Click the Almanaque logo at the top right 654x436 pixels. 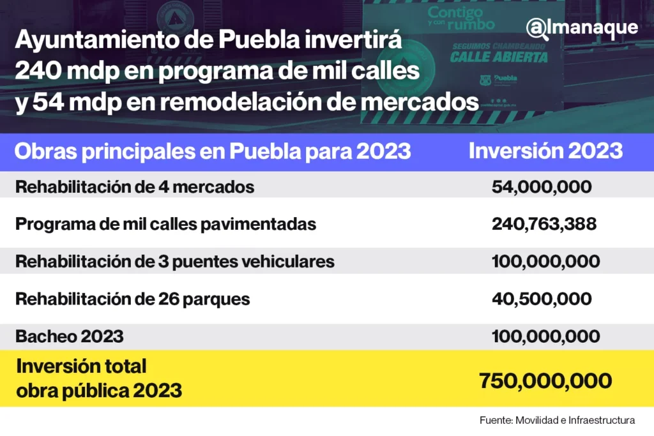(x=582, y=29)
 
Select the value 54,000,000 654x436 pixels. (x=542, y=188)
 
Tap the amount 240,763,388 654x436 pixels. (x=544, y=224)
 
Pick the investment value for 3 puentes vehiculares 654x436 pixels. (x=545, y=262)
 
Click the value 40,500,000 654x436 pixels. (x=542, y=299)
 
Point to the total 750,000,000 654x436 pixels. (x=545, y=380)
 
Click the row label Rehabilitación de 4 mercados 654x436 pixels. (x=135, y=188)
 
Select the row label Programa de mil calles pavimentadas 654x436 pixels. (x=165, y=225)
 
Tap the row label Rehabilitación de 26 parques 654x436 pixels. (x=132, y=299)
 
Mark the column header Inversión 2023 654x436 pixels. (x=545, y=151)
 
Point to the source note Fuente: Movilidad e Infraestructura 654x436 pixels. (x=557, y=420)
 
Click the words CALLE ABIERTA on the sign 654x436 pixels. (x=499, y=57)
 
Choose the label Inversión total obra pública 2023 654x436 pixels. (x=99, y=379)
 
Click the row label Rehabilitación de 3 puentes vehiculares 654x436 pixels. (x=174, y=262)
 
